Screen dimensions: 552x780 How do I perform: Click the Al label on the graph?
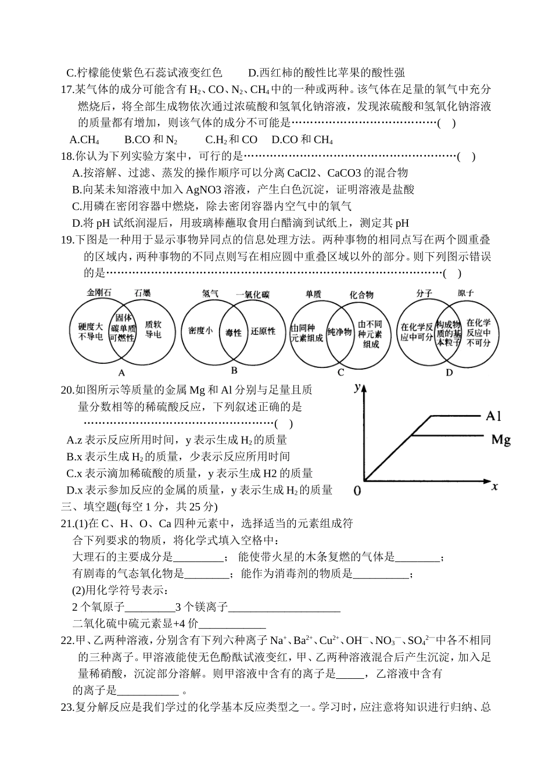click(x=493, y=416)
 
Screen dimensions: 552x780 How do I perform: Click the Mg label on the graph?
click(x=500, y=439)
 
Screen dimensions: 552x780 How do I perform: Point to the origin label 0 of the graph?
click(x=357, y=491)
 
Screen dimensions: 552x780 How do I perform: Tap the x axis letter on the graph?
click(x=494, y=486)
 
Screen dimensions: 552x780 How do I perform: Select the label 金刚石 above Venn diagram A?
click(x=99, y=293)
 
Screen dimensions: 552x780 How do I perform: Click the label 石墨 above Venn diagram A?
click(x=142, y=293)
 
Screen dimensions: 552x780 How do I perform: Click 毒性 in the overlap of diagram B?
click(x=233, y=332)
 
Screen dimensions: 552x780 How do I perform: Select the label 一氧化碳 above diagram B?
click(x=253, y=294)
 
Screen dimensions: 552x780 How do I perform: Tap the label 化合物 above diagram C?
click(x=361, y=295)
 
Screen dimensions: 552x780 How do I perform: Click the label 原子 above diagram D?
click(x=465, y=293)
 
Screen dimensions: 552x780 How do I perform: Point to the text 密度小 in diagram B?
click(x=200, y=331)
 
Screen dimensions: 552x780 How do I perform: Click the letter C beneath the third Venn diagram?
click(x=341, y=373)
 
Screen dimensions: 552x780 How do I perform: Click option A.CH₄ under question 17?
click(x=84, y=139)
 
